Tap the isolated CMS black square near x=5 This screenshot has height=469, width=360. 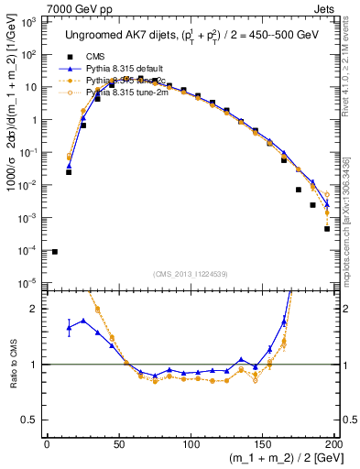(54, 252)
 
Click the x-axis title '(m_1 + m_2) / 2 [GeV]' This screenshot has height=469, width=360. (285, 460)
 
